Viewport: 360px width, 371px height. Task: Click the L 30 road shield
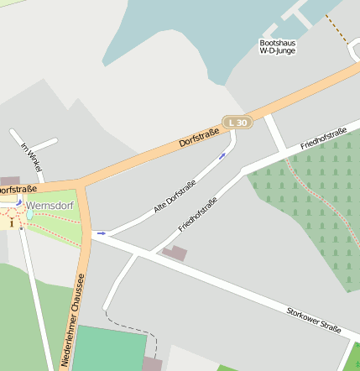(237, 123)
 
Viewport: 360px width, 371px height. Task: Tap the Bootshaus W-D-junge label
(278, 46)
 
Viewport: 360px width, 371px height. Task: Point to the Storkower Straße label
(313, 320)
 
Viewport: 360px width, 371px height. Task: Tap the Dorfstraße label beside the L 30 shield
(199, 136)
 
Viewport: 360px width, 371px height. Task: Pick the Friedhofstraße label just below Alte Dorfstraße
(198, 215)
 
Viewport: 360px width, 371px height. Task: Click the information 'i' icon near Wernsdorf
(12, 223)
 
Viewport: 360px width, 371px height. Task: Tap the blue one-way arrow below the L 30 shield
(222, 155)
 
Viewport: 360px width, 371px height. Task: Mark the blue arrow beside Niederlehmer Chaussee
(101, 233)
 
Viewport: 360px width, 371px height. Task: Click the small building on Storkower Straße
(175, 252)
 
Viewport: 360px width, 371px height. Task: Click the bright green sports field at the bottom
(109, 348)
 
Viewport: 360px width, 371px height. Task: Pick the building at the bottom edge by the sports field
(152, 364)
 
